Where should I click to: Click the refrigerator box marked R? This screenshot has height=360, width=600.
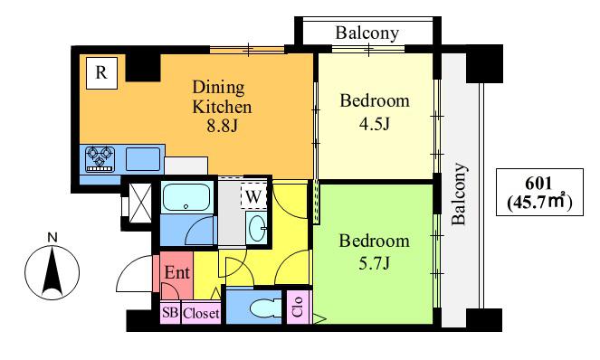pyautogui.click(x=101, y=73)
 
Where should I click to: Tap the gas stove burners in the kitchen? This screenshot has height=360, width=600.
pyautogui.click(x=100, y=158)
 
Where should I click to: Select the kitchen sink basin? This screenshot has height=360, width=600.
pyautogui.click(x=143, y=159)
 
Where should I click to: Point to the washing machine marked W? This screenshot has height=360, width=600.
pyautogui.click(x=253, y=196)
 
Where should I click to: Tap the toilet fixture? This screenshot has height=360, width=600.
pyautogui.click(x=264, y=308)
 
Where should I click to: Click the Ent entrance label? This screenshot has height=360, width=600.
pyautogui.click(x=176, y=272)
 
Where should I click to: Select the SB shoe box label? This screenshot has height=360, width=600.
pyautogui.click(x=170, y=313)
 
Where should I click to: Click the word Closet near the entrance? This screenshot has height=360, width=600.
pyautogui.click(x=201, y=314)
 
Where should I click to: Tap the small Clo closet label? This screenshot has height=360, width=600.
pyautogui.click(x=298, y=307)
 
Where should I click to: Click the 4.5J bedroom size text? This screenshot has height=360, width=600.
pyautogui.click(x=375, y=124)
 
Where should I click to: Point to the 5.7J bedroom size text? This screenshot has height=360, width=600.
pyautogui.click(x=375, y=263)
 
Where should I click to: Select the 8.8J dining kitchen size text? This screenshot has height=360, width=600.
pyautogui.click(x=223, y=125)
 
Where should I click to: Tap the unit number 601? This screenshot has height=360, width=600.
pyautogui.click(x=538, y=184)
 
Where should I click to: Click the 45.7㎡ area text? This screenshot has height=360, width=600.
pyautogui.click(x=539, y=202)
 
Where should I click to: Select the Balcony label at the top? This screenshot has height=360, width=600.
pyautogui.click(x=367, y=33)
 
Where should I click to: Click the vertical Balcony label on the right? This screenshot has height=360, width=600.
pyautogui.click(x=459, y=194)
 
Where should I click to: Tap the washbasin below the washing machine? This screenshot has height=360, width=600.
pyautogui.click(x=257, y=227)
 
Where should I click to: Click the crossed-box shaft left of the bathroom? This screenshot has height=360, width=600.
pyautogui.click(x=140, y=204)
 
